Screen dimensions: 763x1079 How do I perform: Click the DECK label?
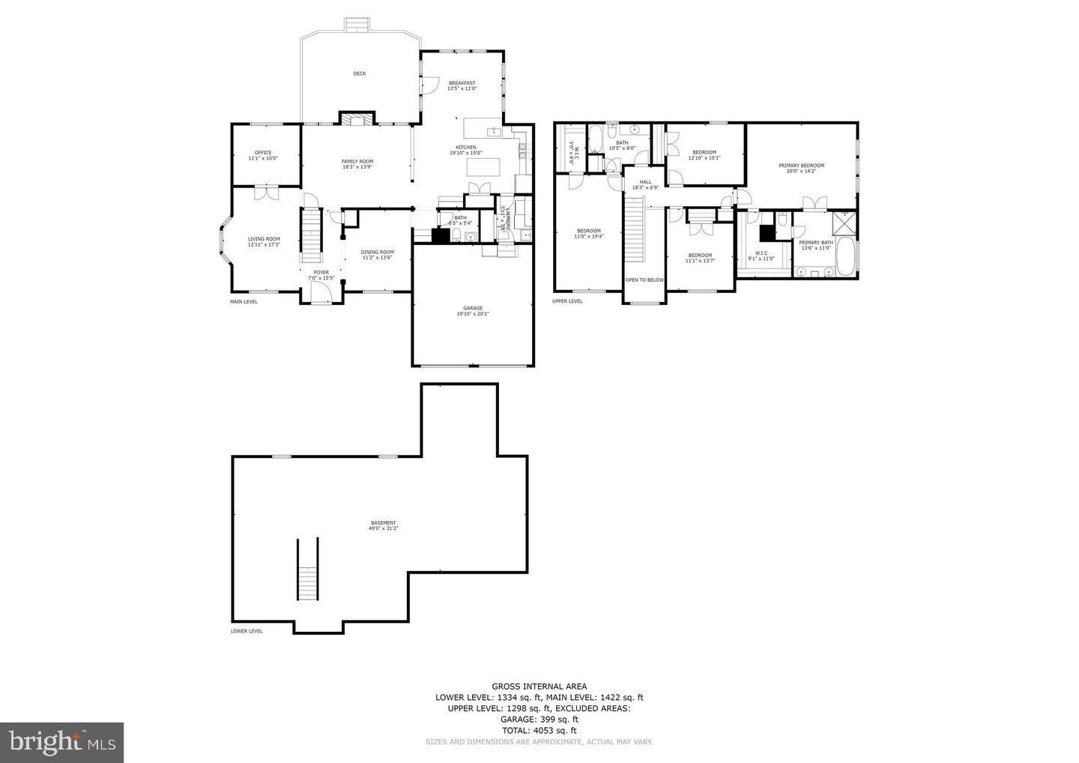point(360,73)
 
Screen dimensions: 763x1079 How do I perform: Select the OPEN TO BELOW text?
point(644,280)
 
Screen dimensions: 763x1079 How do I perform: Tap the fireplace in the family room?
point(356,118)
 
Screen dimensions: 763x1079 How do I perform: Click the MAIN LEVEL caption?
point(244,301)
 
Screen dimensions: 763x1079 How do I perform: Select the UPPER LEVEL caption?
point(567,301)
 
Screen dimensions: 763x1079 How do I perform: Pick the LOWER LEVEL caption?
point(247,631)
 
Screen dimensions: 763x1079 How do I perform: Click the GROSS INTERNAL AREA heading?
point(539,686)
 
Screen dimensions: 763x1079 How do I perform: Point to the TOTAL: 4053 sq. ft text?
point(539,730)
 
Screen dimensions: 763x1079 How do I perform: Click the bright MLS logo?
point(61,742)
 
